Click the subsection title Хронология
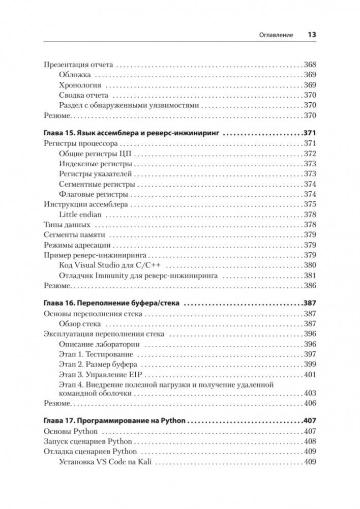pyautogui.click(x=80, y=85)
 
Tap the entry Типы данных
pyautogui.click(x=67, y=224)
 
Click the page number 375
pyautogui.click(x=310, y=204)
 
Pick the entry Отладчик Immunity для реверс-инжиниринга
pyautogui.click(x=138, y=275)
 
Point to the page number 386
pyautogui.click(x=310, y=285)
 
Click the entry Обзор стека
pyautogui.click(x=80, y=323)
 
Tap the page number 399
pyautogui.click(x=310, y=364)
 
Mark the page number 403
pyautogui.click(x=310, y=393)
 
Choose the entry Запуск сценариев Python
pyautogui.click(x=88, y=441)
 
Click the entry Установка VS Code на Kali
pyautogui.click(x=107, y=461)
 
